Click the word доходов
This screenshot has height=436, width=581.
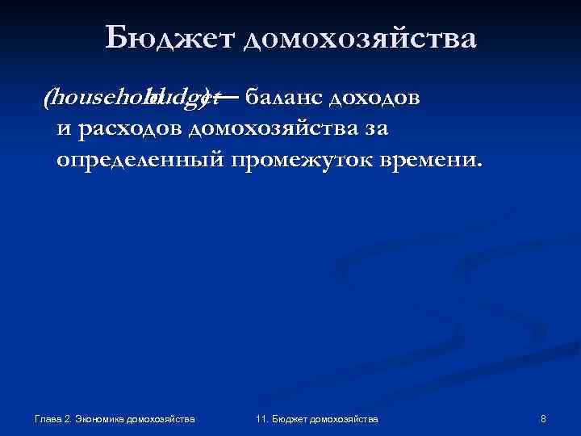coord(372,98)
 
